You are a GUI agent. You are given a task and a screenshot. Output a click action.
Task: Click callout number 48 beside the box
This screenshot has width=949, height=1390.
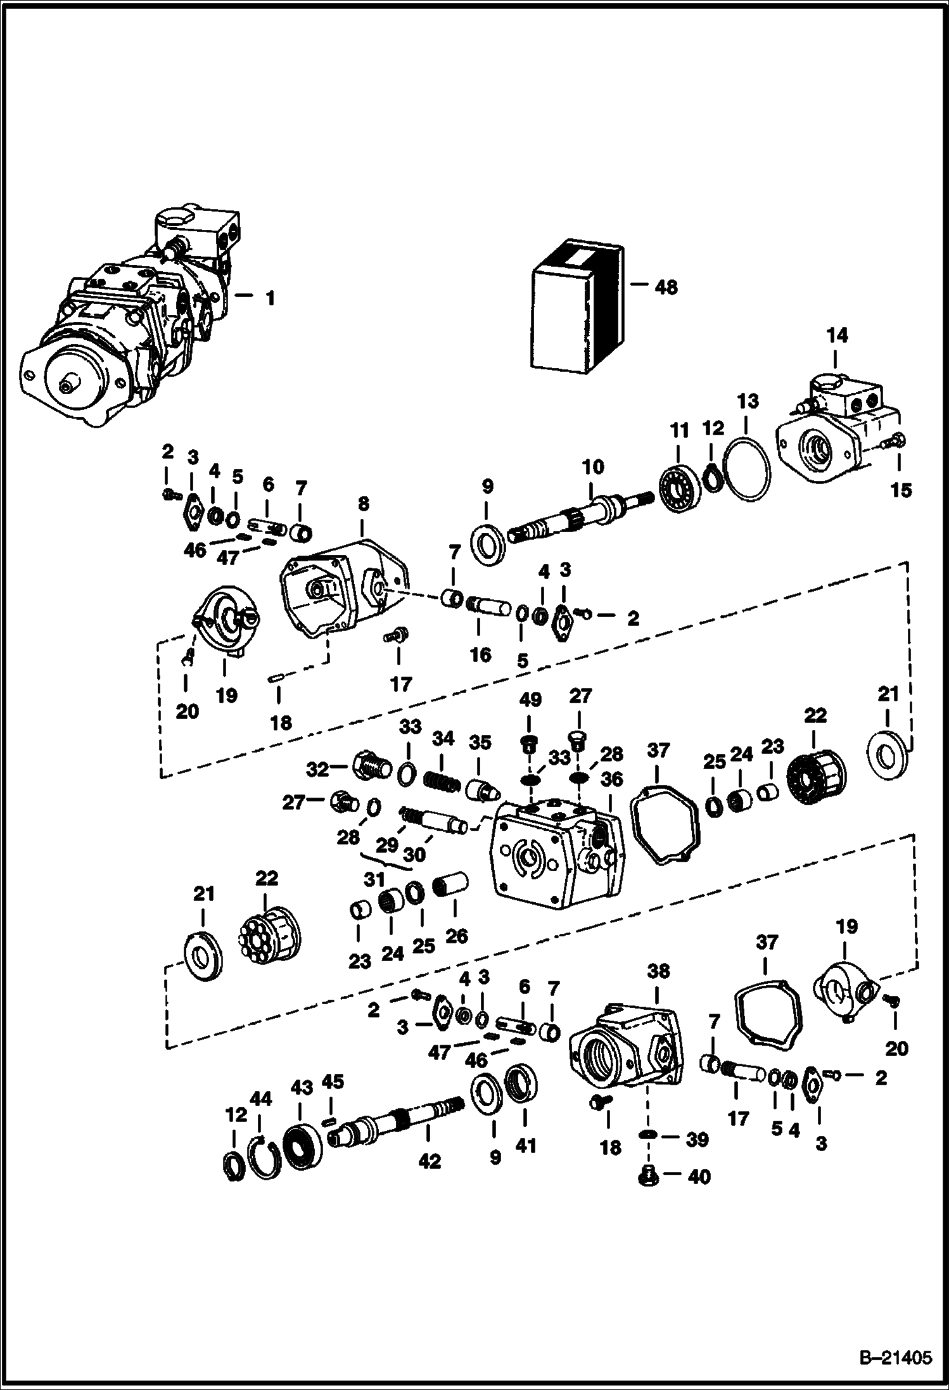(666, 288)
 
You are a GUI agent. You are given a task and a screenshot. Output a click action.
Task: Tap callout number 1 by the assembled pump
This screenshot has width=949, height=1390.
(270, 298)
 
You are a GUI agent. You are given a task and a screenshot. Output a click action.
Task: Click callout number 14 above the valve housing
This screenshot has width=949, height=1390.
(838, 335)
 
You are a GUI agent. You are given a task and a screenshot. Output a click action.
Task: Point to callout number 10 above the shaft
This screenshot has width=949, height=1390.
(593, 467)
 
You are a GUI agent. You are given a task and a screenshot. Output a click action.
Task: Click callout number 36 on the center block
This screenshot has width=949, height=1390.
(611, 779)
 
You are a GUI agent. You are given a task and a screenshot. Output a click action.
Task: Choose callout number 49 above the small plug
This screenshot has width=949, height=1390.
(530, 700)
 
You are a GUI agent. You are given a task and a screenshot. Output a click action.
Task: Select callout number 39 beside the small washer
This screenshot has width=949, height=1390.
(697, 1139)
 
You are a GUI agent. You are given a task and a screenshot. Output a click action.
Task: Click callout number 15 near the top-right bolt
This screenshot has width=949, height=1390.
(901, 490)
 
